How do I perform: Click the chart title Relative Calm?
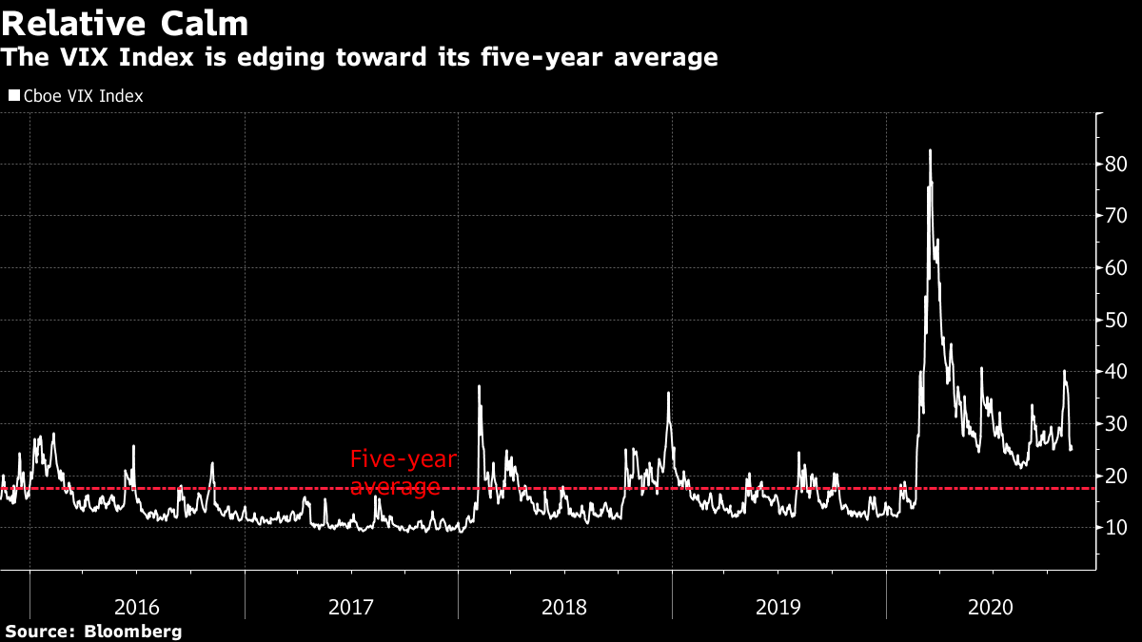(x=125, y=22)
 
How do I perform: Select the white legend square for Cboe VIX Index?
(x=14, y=96)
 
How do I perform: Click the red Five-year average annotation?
(x=402, y=473)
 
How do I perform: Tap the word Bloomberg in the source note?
(x=133, y=632)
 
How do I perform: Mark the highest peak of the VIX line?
(x=930, y=150)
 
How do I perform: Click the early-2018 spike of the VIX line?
(x=479, y=386)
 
